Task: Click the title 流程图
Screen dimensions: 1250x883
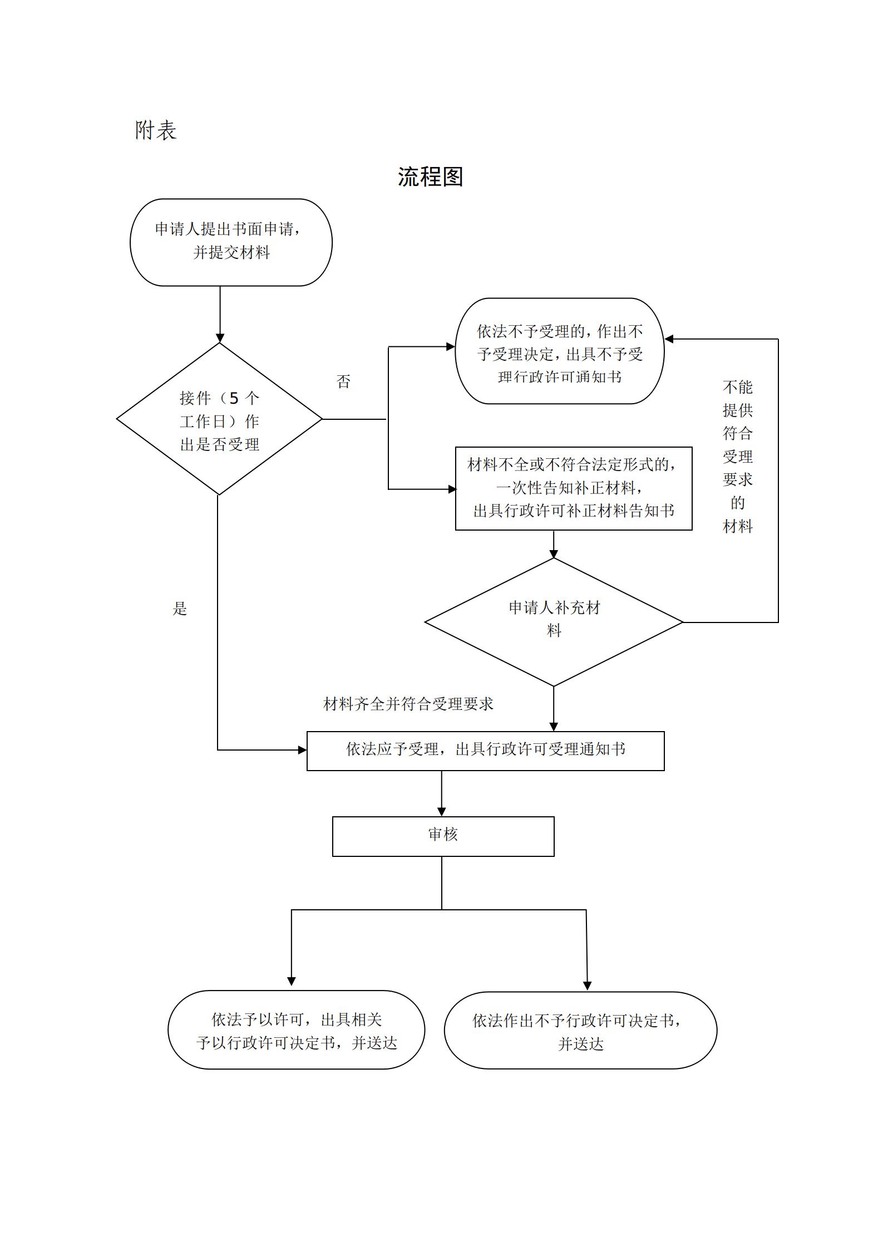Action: [430, 177]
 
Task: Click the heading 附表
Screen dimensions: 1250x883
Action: [156, 130]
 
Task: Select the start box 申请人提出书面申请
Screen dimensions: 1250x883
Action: [231, 242]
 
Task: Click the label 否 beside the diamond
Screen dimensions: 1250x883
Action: [344, 382]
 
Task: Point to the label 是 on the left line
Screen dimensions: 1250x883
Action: [180, 609]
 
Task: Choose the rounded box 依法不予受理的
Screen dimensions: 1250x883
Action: [559, 351]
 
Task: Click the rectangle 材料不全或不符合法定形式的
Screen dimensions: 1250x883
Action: [573, 488]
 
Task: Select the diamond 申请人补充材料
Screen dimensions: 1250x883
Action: [554, 621]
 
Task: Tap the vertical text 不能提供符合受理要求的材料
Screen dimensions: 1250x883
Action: [738, 456]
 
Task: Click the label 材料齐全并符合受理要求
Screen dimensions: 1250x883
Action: [408, 704]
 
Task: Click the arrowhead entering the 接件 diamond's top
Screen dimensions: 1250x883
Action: [220, 338]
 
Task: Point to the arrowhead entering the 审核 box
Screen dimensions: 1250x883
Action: [442, 812]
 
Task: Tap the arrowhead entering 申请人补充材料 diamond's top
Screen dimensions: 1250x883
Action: [554, 553]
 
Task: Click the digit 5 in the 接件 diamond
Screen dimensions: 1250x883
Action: [234, 398]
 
